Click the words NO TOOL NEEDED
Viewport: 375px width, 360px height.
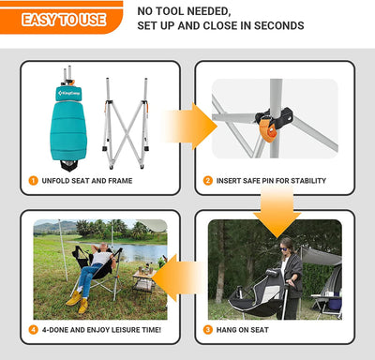coord(184,11)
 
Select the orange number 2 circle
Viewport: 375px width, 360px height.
coord(208,180)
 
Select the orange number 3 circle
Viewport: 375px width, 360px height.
coord(208,329)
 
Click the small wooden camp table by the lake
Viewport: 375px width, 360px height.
coord(142,278)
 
